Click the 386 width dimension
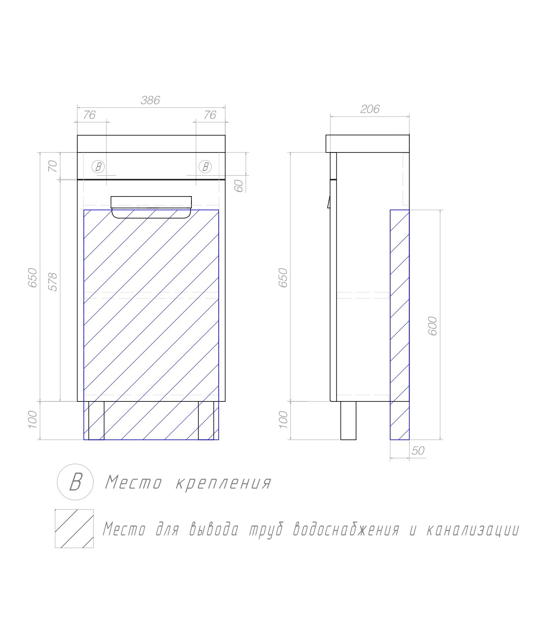150,100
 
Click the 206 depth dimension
370,109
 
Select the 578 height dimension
54,282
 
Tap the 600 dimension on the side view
433,326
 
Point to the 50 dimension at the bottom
418,451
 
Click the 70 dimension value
53,166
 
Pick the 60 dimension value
239,186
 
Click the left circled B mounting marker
98,167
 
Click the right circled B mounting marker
205,167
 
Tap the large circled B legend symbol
75,482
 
